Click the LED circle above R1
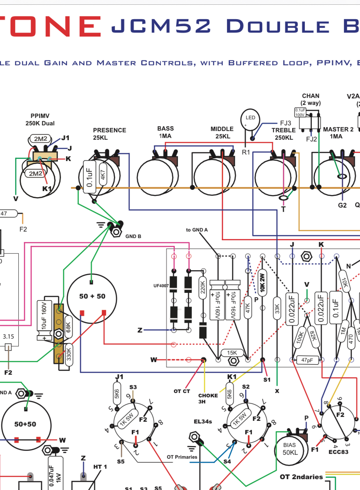[x=250, y=119]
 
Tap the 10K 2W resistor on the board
[x=262, y=282]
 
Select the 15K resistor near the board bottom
[x=233, y=352]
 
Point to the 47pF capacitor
[x=307, y=360]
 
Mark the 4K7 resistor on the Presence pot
[x=103, y=174]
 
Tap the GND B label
[x=133, y=236]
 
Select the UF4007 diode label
[x=160, y=285]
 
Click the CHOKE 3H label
[x=208, y=398]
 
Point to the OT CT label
[x=182, y=391]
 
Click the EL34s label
[x=203, y=421]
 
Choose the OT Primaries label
[x=182, y=457]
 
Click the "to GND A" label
[x=197, y=229]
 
